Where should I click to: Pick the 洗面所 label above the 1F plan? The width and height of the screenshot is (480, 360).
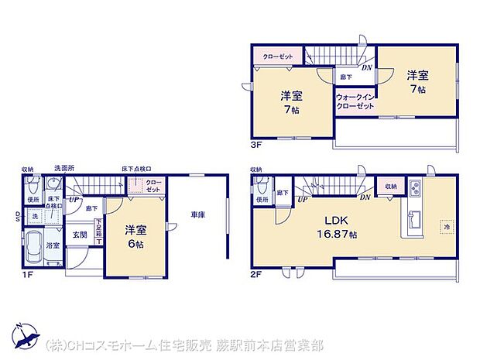click(x=64, y=168)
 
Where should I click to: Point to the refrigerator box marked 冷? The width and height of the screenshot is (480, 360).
click(x=446, y=227)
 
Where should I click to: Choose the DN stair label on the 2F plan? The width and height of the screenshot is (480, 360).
click(x=365, y=199)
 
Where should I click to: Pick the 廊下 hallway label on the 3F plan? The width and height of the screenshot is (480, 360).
click(x=344, y=78)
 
